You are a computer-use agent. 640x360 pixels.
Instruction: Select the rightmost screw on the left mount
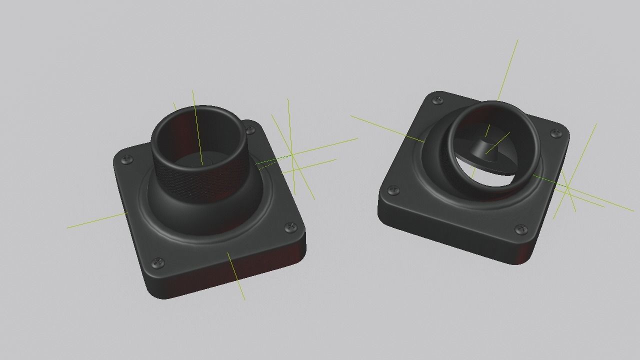click(290, 228)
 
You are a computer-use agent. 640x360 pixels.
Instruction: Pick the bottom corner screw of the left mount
click(158, 261)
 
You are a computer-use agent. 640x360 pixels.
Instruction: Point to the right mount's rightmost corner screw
click(556, 133)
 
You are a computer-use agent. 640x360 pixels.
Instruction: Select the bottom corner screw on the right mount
click(521, 229)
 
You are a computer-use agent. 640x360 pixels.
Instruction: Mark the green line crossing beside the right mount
click(567, 186)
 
